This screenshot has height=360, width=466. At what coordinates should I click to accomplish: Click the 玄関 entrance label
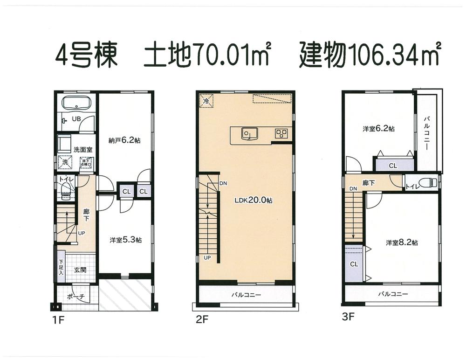80,270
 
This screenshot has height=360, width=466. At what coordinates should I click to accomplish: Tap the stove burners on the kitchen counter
281,133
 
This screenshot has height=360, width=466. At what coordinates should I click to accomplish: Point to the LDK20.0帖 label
254,200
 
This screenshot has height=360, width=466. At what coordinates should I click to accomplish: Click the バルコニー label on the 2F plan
246,295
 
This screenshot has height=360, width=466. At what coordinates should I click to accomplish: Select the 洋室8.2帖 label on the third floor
402,242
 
